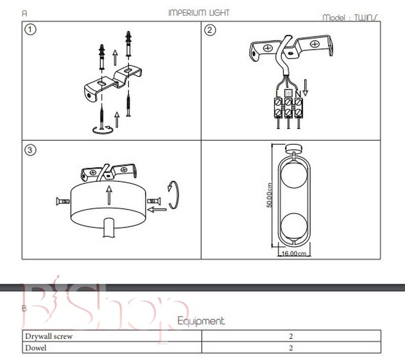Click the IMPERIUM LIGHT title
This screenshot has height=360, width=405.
[198, 13]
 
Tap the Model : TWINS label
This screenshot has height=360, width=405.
[351, 18]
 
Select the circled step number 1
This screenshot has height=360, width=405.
[31, 30]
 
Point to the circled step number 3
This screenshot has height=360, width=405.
[31, 150]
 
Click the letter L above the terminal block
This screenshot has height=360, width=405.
[277, 94]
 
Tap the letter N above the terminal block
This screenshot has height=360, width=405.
[298, 94]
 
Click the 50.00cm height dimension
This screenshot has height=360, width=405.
[270, 195]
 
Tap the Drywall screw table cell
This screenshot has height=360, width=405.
[111, 336]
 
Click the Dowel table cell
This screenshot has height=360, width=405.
[111, 348]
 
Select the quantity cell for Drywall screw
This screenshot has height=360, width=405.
[291, 336]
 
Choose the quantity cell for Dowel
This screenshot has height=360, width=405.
[291, 348]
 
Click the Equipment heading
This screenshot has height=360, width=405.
[201, 321]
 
